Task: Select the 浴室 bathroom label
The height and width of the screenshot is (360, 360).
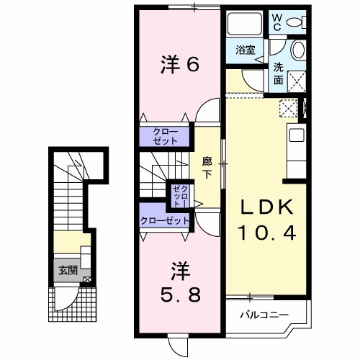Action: pos(246,50)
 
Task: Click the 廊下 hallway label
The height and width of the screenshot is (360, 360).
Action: pos(207,168)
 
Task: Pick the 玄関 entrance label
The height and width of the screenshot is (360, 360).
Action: pos(68,271)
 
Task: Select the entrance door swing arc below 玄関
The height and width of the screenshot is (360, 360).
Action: pos(71,295)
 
